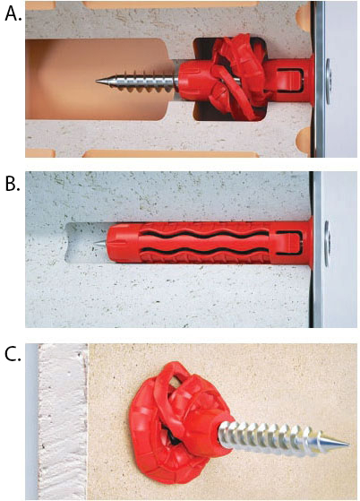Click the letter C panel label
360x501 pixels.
point(13,353)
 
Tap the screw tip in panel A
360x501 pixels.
point(97,82)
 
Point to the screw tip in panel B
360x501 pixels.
point(94,244)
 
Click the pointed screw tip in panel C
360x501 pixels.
point(347,444)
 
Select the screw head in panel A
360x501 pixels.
point(328,82)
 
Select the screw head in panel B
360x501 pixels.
point(328,244)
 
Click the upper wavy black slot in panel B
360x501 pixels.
point(204,236)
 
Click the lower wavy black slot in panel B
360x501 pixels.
point(204,252)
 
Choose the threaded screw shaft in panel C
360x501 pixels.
point(284,437)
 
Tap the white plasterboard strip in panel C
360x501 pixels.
point(62,422)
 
